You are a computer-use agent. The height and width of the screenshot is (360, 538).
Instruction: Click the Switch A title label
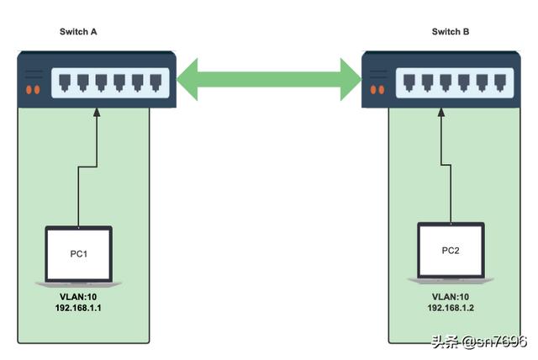click(x=78, y=32)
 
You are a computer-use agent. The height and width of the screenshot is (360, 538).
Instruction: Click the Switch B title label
click(x=451, y=32)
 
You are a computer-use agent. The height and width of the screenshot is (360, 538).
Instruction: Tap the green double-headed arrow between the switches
click(x=269, y=79)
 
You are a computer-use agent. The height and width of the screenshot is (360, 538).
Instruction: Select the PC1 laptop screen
click(x=78, y=254)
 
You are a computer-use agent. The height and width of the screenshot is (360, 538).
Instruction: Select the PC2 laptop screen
click(x=451, y=251)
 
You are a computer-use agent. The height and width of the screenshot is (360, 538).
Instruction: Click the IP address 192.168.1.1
click(x=78, y=308)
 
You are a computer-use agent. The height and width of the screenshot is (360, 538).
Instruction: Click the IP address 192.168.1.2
click(x=451, y=308)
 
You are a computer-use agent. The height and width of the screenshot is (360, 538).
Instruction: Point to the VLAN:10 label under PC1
click(x=78, y=297)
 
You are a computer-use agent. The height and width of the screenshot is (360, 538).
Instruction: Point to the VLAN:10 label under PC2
click(x=451, y=297)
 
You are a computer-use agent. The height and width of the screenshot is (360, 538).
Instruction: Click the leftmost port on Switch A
click(x=65, y=83)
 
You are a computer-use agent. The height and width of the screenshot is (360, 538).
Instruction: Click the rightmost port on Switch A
click(x=156, y=83)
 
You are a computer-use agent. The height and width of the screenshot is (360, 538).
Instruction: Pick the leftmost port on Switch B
click(x=409, y=83)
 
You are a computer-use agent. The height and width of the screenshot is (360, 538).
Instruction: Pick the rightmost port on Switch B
click(x=500, y=83)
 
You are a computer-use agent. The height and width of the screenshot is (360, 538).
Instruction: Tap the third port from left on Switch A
click(x=101, y=83)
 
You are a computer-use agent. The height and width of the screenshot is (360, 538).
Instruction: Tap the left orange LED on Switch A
click(x=29, y=90)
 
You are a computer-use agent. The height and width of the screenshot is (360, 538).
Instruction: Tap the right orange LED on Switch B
click(x=381, y=90)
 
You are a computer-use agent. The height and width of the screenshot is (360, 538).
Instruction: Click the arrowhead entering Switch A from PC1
click(x=97, y=112)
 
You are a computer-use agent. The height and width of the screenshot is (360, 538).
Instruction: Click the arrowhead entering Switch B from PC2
click(x=441, y=112)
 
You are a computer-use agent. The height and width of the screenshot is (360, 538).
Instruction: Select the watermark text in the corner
click(x=479, y=341)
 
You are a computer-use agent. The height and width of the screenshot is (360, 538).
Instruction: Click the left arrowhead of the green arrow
click(x=187, y=79)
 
